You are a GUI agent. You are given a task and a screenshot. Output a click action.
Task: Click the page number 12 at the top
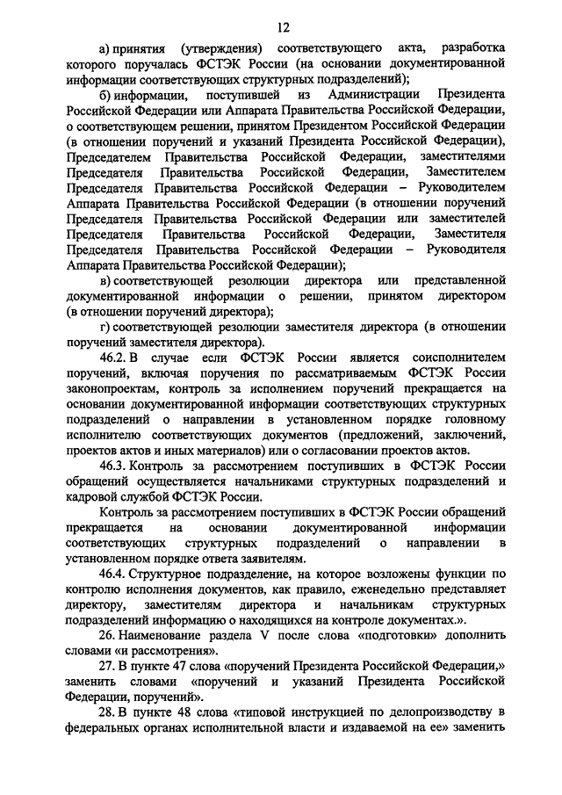pos(281,29)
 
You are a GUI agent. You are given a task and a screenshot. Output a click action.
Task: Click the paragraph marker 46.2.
pos(117,358)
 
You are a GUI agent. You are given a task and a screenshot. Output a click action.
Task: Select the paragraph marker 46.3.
pos(117,466)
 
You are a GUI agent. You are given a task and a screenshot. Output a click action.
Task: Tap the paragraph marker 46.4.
pos(117,574)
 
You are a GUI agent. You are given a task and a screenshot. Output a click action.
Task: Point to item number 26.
pos(108,635)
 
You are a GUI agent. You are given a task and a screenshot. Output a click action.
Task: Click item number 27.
pos(108,667)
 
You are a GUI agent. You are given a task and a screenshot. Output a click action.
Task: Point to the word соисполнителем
pos(457,358)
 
